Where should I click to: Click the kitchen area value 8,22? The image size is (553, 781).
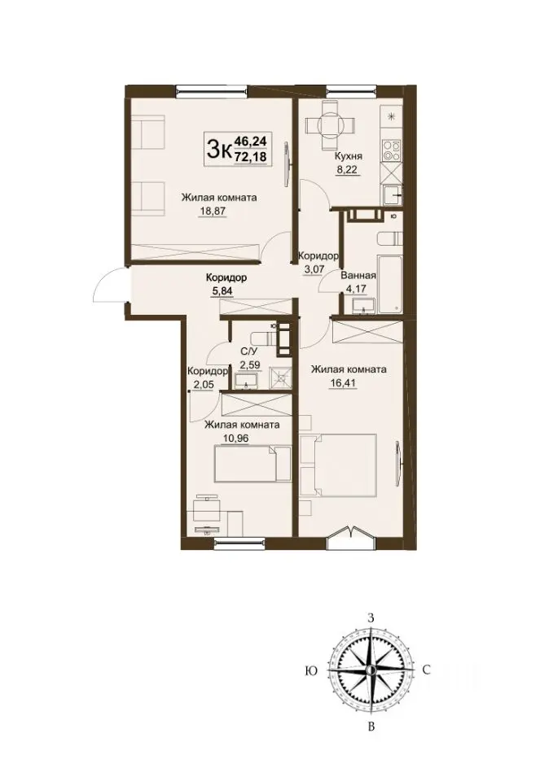pos(348,169)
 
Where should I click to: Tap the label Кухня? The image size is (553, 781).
pos(348,156)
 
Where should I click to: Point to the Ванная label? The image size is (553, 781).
pos(358,276)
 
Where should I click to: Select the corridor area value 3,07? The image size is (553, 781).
pos(315,268)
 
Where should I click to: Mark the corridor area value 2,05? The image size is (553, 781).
pos(203,385)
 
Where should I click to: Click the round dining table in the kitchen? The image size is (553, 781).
pos(330,125)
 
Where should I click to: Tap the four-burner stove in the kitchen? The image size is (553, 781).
pos(392,150)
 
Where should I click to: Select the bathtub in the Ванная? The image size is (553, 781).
pos(390,284)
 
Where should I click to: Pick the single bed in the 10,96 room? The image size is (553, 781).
pos(252,464)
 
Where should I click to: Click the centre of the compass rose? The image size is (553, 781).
pos(370,670)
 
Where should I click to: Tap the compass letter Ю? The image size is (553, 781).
pos(310,671)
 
